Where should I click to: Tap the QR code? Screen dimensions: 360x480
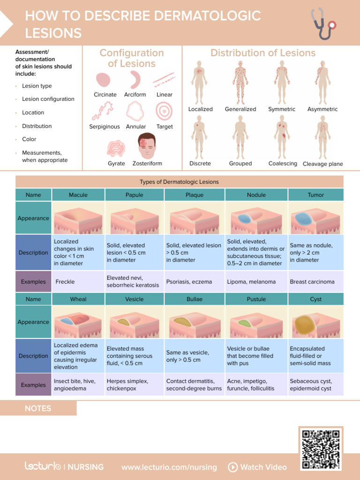pos(321,449)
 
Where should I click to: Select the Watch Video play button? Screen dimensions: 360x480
pos(232,467)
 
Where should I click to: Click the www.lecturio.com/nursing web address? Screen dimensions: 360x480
pos(169,467)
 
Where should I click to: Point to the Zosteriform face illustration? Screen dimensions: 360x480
pos(147,146)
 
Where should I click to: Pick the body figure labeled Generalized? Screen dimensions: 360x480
pos(240,82)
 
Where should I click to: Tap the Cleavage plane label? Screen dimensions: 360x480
pos(322,164)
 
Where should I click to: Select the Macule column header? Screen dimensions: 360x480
pos(78,195)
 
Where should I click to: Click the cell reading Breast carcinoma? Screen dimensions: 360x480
pos(312,282)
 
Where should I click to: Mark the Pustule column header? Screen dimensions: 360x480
pos(256,299)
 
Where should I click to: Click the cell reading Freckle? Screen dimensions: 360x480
pos(65,282)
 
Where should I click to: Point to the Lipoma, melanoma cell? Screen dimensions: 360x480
pos(251,282)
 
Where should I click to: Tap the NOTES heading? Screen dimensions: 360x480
pos(38,408)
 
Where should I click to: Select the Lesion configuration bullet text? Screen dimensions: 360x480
pos(48,99)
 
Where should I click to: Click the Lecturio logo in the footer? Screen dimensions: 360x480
pos(43,466)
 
